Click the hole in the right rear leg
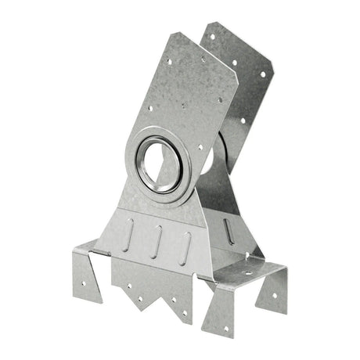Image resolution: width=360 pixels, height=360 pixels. click(275, 295)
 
